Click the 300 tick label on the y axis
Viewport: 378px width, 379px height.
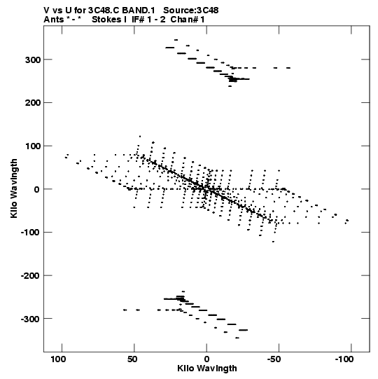point(33,60)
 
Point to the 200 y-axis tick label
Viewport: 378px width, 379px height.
point(33,103)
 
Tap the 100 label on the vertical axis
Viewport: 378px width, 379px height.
point(33,146)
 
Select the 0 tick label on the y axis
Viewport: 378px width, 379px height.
point(37,189)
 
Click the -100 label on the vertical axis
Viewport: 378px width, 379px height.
point(30,233)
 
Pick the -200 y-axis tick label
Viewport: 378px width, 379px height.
point(30,276)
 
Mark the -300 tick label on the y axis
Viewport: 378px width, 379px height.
point(30,319)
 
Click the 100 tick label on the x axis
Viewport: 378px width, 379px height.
point(58,359)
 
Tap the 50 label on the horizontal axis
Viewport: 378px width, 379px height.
point(132,359)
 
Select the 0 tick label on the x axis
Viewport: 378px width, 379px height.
point(206,359)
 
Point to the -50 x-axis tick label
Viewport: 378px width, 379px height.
point(274,359)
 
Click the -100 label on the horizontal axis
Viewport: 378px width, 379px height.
point(344,359)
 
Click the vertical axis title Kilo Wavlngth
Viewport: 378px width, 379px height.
point(14,188)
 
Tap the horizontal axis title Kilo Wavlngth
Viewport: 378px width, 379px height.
point(207,368)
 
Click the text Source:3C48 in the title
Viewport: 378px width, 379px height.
point(191,11)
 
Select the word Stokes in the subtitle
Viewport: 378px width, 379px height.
point(106,20)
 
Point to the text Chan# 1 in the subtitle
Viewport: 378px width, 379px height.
point(188,20)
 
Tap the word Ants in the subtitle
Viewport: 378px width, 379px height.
point(54,20)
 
